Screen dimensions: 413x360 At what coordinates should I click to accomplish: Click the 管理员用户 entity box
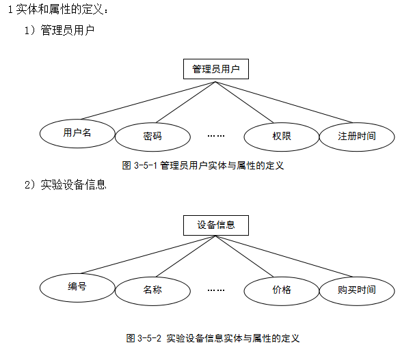(216, 69)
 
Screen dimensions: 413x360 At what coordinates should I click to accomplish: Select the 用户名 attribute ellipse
(77, 133)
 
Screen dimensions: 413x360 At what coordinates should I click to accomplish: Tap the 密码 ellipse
(152, 137)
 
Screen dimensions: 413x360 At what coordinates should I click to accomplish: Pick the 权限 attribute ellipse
(282, 137)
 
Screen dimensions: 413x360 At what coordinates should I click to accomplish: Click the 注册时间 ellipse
(357, 137)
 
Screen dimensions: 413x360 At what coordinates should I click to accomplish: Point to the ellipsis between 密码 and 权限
(216, 136)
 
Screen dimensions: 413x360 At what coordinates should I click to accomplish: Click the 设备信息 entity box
(216, 225)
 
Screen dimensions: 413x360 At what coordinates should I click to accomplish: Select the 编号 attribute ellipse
(77, 288)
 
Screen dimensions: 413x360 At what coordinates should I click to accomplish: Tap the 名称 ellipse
(152, 291)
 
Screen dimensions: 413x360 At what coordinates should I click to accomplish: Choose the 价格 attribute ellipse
(282, 291)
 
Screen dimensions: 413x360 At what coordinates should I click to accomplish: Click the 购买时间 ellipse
(357, 291)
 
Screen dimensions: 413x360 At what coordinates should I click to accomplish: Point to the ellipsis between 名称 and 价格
(216, 290)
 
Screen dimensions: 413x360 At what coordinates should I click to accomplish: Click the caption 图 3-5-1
(203, 165)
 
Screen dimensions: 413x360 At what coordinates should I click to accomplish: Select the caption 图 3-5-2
(213, 338)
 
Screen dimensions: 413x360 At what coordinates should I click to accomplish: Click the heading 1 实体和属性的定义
(58, 10)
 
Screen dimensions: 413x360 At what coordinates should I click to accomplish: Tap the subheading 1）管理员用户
(59, 30)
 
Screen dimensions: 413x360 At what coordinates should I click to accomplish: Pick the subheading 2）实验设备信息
(66, 184)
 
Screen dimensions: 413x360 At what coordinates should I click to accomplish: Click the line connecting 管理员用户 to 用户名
(148, 100)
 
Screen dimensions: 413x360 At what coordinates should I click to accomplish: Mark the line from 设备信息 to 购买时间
(284, 256)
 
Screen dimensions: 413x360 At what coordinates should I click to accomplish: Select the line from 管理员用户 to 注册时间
(284, 102)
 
